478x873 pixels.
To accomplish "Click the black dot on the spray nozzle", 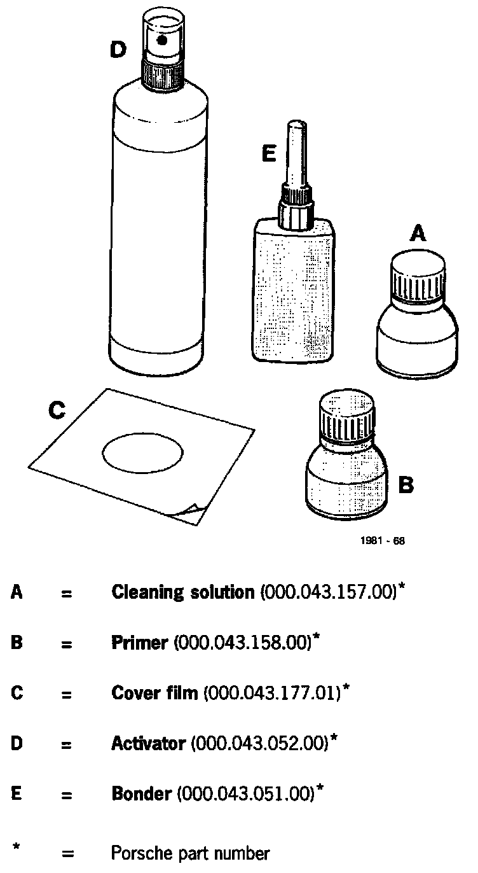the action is pyautogui.click(x=163, y=40).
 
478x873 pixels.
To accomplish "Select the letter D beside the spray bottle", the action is pyautogui.click(x=118, y=49).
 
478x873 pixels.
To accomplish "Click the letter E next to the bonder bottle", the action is pyautogui.click(x=269, y=154).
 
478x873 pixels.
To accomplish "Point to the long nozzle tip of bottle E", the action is pyautogui.click(x=294, y=146).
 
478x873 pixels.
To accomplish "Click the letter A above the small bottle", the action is pyautogui.click(x=417, y=235).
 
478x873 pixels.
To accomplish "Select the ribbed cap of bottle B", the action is pyautogui.click(x=348, y=417).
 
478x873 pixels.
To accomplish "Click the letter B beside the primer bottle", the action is pyautogui.click(x=406, y=486).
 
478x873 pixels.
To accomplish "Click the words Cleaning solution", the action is pyautogui.click(x=182, y=592).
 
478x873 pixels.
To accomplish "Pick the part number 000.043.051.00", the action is pyautogui.click(x=246, y=793).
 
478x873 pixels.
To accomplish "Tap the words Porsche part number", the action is pyautogui.click(x=190, y=853).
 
